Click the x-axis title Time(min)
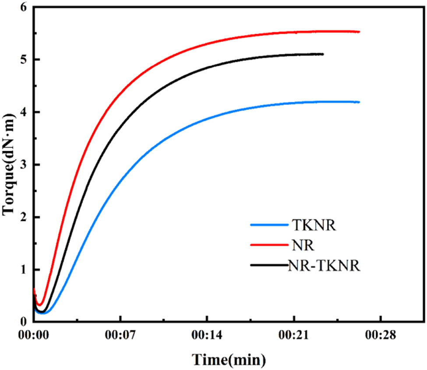pos(229,360)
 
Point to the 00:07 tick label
pos(120,336)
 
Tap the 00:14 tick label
pos(207,336)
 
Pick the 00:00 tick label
pos(34,336)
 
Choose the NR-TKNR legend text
pos(324,266)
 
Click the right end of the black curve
pos(322,54)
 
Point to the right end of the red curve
pos(359,32)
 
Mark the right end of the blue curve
pos(359,102)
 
